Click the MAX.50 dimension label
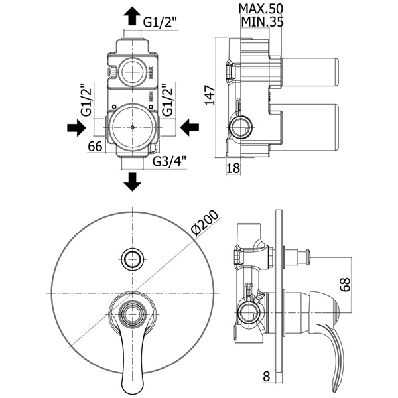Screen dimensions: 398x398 263,9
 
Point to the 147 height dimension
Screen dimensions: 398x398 210,98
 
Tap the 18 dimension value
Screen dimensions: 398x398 232,168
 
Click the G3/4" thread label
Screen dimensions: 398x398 170,161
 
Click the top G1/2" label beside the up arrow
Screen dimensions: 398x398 159,21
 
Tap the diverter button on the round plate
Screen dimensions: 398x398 133,258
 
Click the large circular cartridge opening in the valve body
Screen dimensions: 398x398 133,126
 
